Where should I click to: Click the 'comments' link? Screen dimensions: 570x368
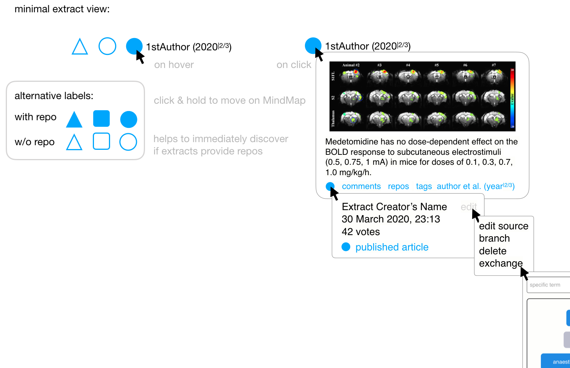(x=361, y=186)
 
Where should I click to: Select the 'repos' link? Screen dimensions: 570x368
(x=398, y=186)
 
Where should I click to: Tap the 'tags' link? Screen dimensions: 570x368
(x=423, y=186)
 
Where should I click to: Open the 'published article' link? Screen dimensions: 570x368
(x=392, y=247)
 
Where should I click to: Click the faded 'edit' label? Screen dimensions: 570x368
(x=468, y=207)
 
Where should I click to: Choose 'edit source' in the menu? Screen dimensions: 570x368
(x=503, y=226)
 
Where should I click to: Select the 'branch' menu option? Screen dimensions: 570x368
(x=494, y=238)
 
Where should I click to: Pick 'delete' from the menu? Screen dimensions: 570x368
(x=493, y=251)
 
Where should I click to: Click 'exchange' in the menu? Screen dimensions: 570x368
(x=500, y=263)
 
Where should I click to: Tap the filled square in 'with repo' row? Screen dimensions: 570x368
(x=101, y=118)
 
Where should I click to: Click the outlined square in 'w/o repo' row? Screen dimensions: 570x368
(x=101, y=141)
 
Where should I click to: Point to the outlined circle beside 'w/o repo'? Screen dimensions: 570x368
(x=128, y=142)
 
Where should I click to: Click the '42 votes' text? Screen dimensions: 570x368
(x=361, y=232)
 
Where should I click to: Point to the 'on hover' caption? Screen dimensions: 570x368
(x=174, y=65)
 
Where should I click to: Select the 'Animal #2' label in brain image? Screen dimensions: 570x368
(x=351, y=65)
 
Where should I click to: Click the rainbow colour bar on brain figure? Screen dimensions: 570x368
(x=512, y=98)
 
